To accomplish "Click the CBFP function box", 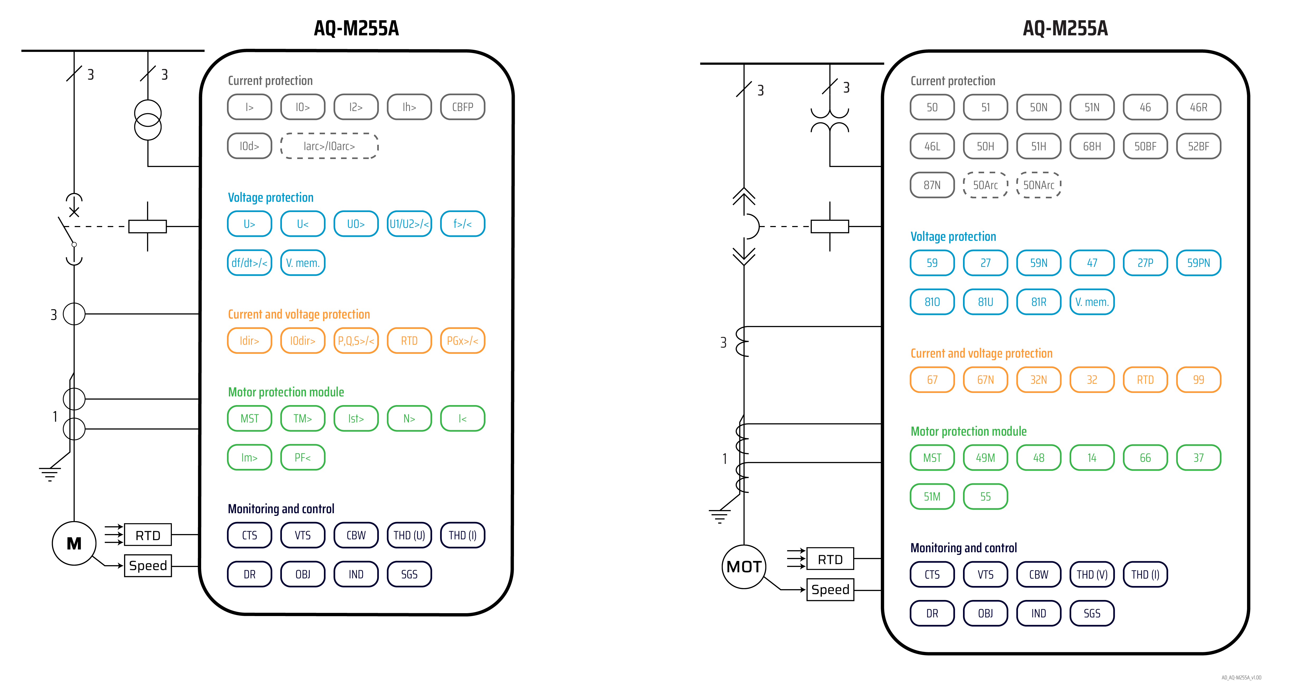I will pos(462,107).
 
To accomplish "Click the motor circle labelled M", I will pos(74,544).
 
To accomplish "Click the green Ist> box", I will pos(356,419).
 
